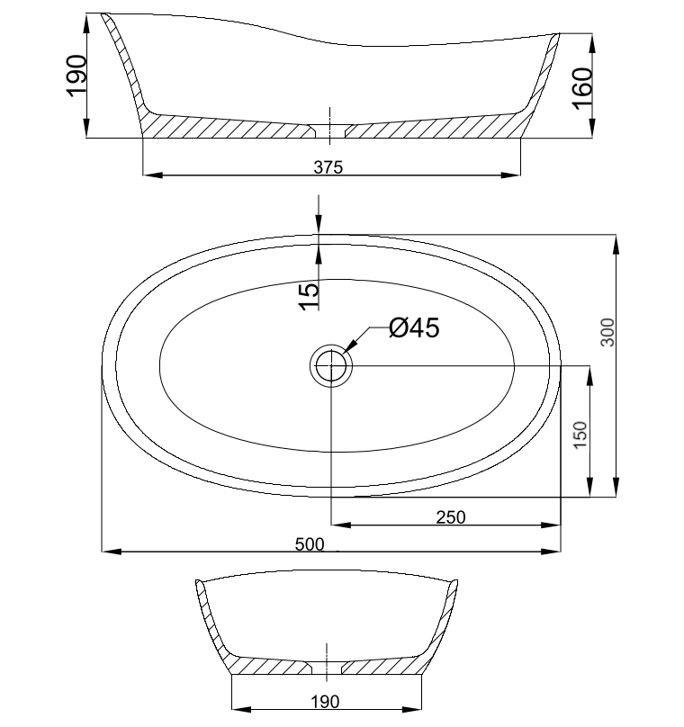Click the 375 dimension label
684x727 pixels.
pyautogui.click(x=328, y=167)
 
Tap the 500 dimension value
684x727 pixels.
pyautogui.click(x=310, y=543)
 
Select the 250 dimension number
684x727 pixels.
pyautogui.click(x=451, y=517)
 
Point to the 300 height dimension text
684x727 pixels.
pyautogui.click(x=607, y=332)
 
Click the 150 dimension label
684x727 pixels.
pyautogui.click(x=580, y=435)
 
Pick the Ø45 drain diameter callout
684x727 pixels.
pyautogui.click(x=414, y=328)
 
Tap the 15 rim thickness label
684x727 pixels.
pyautogui.click(x=310, y=296)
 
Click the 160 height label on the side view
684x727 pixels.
pyautogui.click(x=582, y=88)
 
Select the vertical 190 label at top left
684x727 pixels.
pyautogui.click(x=76, y=76)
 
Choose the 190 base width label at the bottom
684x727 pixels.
pyautogui.click(x=325, y=702)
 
